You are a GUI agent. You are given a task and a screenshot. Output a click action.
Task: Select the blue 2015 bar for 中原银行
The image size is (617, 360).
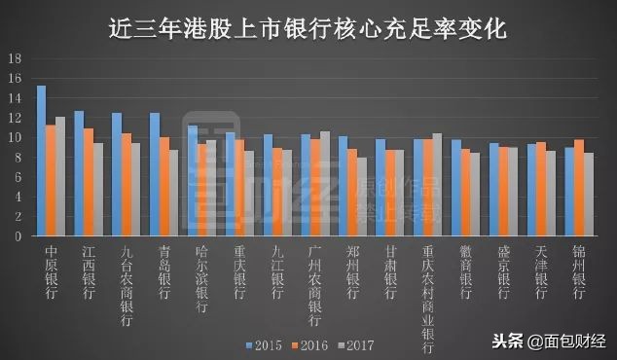[42, 161]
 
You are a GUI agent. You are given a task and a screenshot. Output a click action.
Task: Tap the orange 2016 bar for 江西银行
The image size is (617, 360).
[89, 182]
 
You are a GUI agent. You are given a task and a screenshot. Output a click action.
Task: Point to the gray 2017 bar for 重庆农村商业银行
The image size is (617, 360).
[437, 184]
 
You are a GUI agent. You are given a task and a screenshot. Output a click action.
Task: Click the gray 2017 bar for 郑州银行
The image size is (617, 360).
[362, 197]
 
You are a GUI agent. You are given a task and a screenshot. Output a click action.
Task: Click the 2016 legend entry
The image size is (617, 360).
[311, 344]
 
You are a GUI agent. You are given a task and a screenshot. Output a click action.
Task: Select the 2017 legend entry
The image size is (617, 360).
[357, 344]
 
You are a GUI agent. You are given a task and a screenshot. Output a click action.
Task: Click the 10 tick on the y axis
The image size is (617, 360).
[15, 137]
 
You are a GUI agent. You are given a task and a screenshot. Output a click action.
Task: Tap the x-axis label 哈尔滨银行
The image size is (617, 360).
[201, 278]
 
